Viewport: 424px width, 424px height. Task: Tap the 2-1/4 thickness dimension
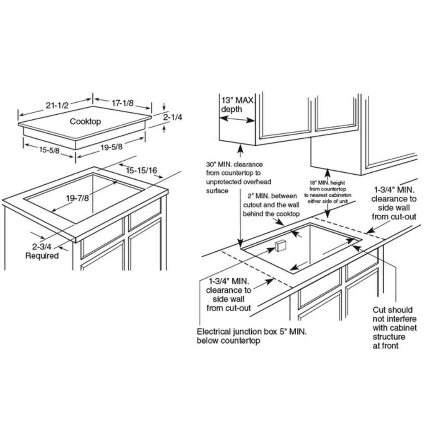[x=172, y=118]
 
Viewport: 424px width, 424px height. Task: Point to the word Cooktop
[x=85, y=121]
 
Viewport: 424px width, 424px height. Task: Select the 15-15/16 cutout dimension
[x=142, y=170]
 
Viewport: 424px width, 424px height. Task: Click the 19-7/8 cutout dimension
[x=77, y=198]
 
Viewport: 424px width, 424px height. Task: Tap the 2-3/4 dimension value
[x=41, y=247]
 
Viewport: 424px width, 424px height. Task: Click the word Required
[x=42, y=256]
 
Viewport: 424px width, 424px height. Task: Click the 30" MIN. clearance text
[x=234, y=164]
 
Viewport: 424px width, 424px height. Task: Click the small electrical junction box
[x=280, y=245]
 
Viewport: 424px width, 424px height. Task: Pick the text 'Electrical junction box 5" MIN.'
[x=252, y=332]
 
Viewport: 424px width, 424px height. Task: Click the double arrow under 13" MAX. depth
[x=237, y=119]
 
